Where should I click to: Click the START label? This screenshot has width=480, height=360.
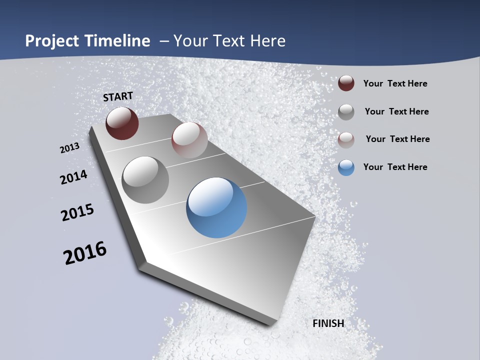pyautogui.click(x=118, y=96)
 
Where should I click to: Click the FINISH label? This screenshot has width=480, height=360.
pyautogui.click(x=328, y=323)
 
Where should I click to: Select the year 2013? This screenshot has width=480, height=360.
pyautogui.click(x=69, y=148)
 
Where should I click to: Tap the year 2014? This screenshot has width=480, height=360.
pyautogui.click(x=73, y=177)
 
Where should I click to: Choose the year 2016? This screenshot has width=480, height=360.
pyautogui.click(x=85, y=253)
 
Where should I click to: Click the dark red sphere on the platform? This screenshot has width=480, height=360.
pyautogui.click(x=122, y=123)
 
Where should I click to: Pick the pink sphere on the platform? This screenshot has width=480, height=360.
pyautogui.click(x=189, y=140)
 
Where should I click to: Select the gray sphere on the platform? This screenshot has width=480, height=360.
pyautogui.click(x=145, y=180)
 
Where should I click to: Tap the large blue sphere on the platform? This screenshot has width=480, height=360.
pyautogui.click(x=216, y=207)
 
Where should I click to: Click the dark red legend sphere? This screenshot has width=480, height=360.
pyautogui.click(x=346, y=83)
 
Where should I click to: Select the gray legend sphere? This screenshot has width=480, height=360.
pyautogui.click(x=346, y=111)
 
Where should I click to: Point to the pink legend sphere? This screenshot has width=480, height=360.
pyautogui.click(x=346, y=139)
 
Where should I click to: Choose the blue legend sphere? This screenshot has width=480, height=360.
pyautogui.click(x=346, y=167)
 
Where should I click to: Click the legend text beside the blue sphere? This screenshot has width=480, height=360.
pyautogui.click(x=395, y=167)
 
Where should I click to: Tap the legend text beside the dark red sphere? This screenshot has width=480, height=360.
pyautogui.click(x=395, y=83)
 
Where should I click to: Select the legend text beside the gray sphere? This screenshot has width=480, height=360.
pyautogui.click(x=396, y=111)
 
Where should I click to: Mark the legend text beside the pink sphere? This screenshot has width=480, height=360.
pyautogui.click(x=397, y=139)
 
